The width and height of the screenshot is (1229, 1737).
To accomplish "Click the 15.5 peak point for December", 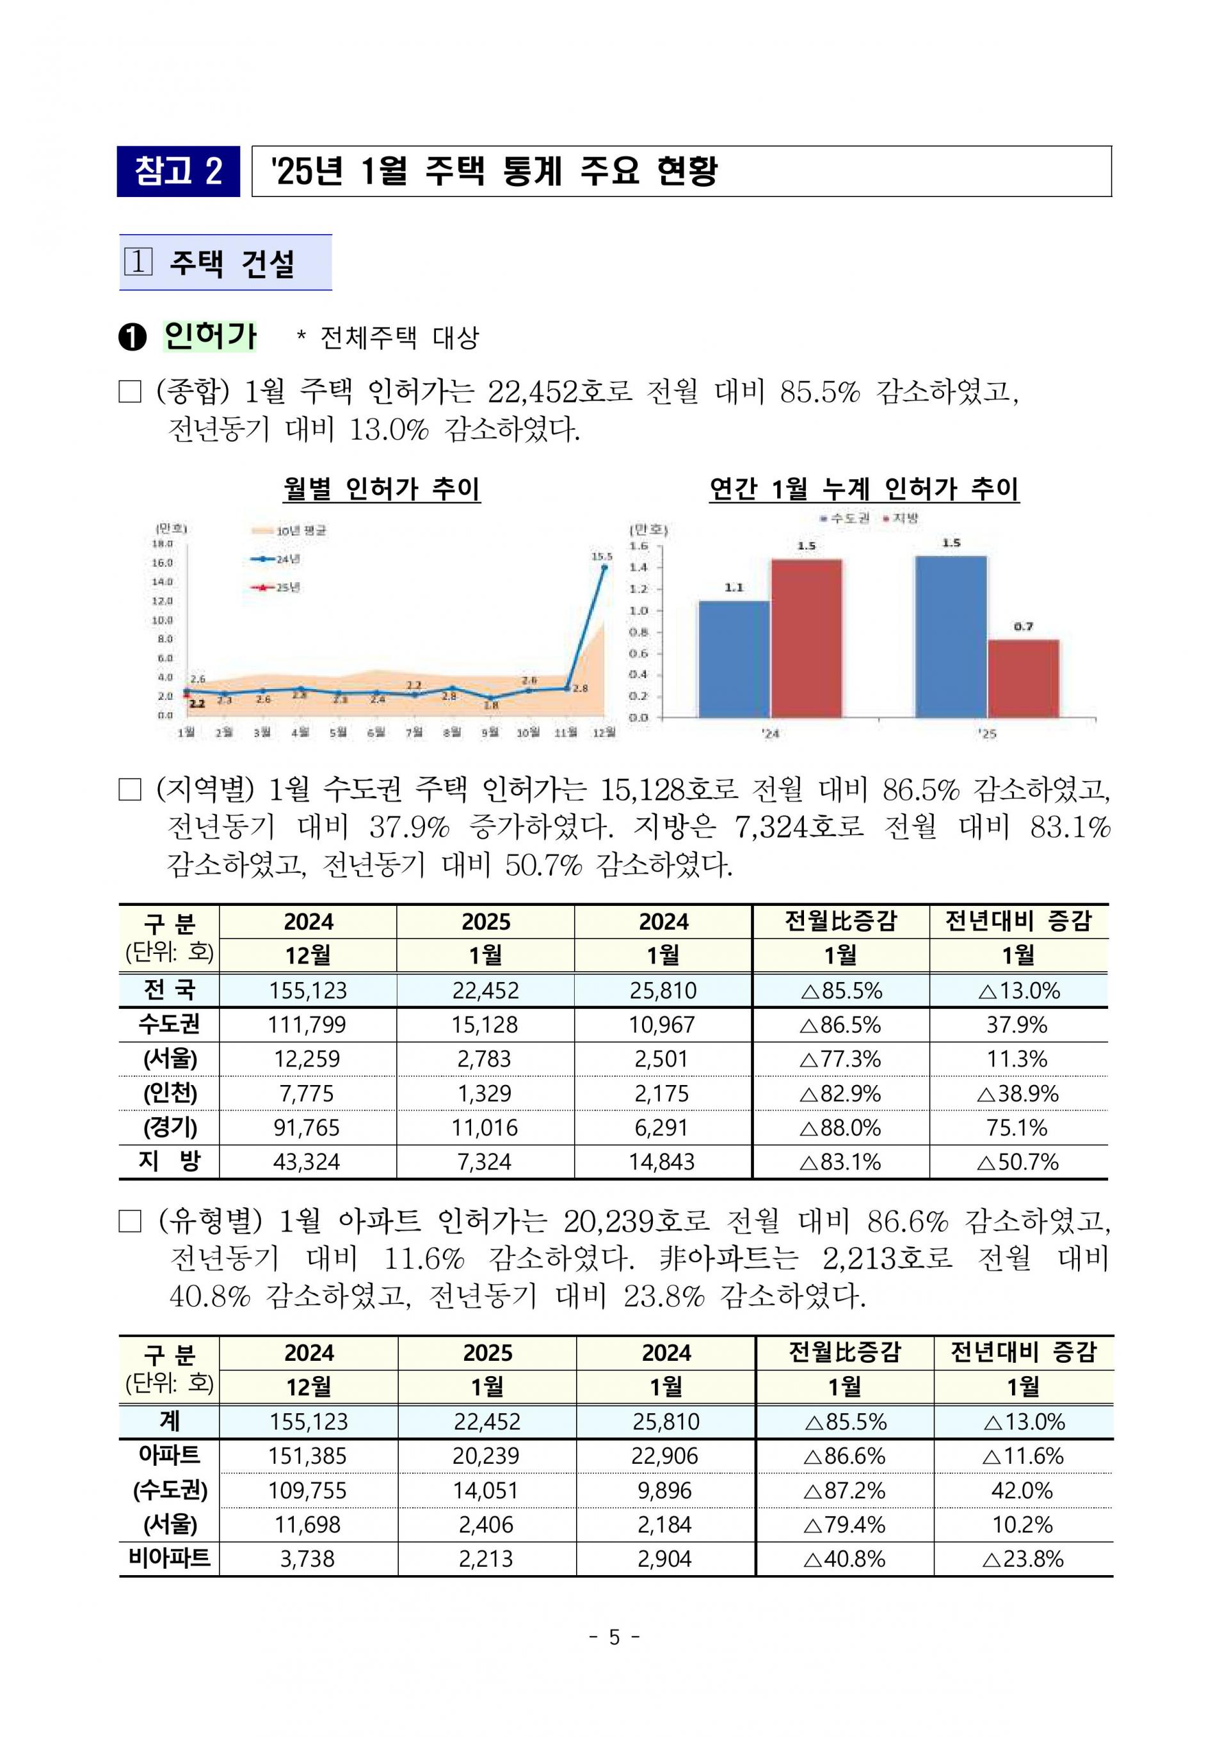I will [603, 567].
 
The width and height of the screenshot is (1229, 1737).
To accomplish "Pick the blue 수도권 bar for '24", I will [734, 658].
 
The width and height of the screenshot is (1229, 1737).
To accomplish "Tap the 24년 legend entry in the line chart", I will [277, 559].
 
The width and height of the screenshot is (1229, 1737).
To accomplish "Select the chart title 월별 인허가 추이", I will [382, 489].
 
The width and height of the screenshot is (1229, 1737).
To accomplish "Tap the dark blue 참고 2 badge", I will [178, 171].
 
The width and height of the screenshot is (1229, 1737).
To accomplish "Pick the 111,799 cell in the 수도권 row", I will [307, 1024].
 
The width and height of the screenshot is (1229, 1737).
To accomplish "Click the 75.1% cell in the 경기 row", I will [1017, 1127].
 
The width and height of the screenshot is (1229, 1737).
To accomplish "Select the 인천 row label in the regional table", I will [170, 1093].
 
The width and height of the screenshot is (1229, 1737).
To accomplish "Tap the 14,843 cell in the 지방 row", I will [662, 1161].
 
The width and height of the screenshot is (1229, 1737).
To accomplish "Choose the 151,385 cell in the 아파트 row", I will [307, 1455].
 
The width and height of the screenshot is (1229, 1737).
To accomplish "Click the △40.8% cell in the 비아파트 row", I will [844, 1559].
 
